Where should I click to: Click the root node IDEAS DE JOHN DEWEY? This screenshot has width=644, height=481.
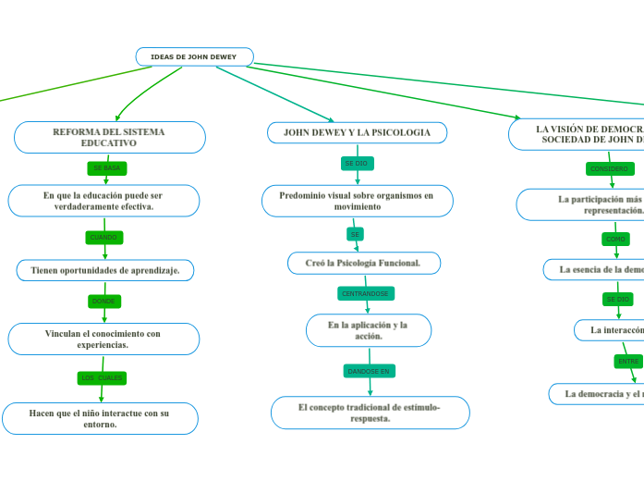[194, 57]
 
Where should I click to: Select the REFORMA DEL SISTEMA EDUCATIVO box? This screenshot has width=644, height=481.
[109, 138]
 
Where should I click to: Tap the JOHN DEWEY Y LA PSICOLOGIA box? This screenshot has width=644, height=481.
[357, 133]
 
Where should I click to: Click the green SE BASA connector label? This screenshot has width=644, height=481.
[107, 168]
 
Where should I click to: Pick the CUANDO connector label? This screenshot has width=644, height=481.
[103, 238]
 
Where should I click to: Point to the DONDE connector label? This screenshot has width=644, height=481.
[103, 302]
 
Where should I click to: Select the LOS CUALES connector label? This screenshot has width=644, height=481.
[102, 378]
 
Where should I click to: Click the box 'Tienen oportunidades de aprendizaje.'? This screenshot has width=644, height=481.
[105, 270]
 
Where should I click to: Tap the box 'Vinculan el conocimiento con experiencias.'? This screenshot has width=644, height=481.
[103, 339]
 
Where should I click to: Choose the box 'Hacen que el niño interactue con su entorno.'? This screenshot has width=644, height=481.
[99, 418]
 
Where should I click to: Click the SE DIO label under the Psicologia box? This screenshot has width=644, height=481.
[356, 163]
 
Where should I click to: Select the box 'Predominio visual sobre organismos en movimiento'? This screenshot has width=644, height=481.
[357, 201]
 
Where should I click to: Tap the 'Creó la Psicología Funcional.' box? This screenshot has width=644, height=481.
[363, 264]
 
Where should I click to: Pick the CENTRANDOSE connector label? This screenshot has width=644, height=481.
[366, 293]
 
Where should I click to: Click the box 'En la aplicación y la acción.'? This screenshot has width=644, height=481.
[368, 330]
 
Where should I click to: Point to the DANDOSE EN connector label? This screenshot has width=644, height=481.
[370, 371]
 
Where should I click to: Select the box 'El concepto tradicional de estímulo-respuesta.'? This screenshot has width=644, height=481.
[370, 413]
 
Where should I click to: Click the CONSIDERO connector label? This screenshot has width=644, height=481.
[610, 169]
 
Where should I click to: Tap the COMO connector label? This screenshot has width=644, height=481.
[615, 239]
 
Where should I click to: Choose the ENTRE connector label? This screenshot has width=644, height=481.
[628, 361]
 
